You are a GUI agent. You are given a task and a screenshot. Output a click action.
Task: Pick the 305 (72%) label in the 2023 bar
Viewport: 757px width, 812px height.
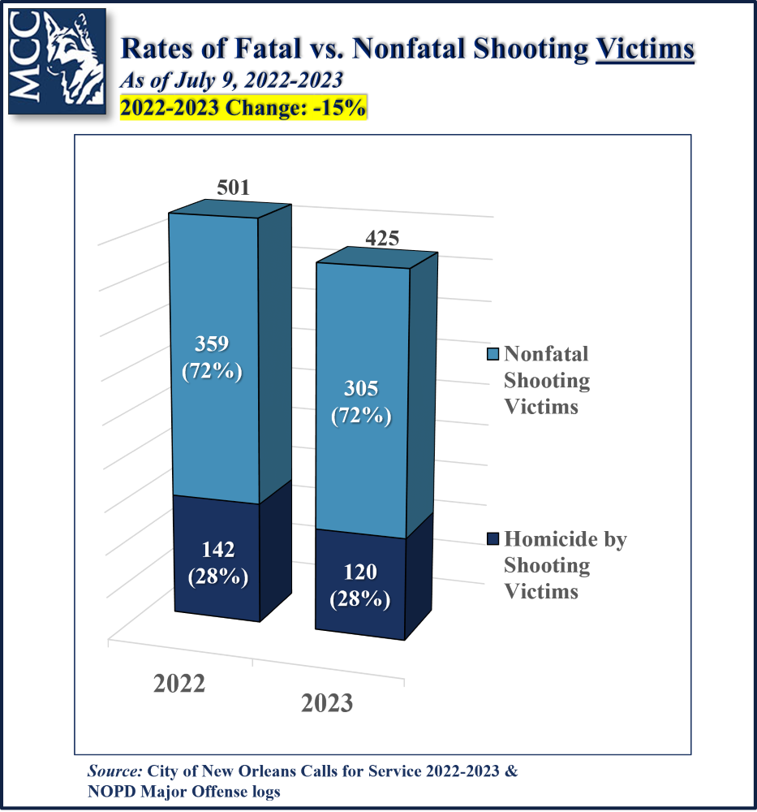tap(361, 402)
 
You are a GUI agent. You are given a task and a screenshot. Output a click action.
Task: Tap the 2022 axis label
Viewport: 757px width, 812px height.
tap(179, 683)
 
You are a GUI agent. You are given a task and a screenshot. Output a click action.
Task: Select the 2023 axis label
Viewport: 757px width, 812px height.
tap(327, 702)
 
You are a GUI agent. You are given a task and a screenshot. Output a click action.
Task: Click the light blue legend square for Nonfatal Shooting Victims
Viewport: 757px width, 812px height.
tap(492, 355)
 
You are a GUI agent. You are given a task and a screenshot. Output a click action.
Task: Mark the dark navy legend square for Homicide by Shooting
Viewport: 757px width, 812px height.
tap(492, 539)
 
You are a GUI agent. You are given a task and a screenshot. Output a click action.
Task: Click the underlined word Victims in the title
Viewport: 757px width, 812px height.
tap(645, 50)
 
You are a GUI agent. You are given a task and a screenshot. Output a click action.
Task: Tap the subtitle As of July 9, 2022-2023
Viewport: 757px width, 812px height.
tap(231, 80)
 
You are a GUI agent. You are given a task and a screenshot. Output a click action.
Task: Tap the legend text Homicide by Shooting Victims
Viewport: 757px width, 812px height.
tap(565, 564)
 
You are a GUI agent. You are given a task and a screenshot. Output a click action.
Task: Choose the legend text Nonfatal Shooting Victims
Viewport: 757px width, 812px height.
tap(546, 380)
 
